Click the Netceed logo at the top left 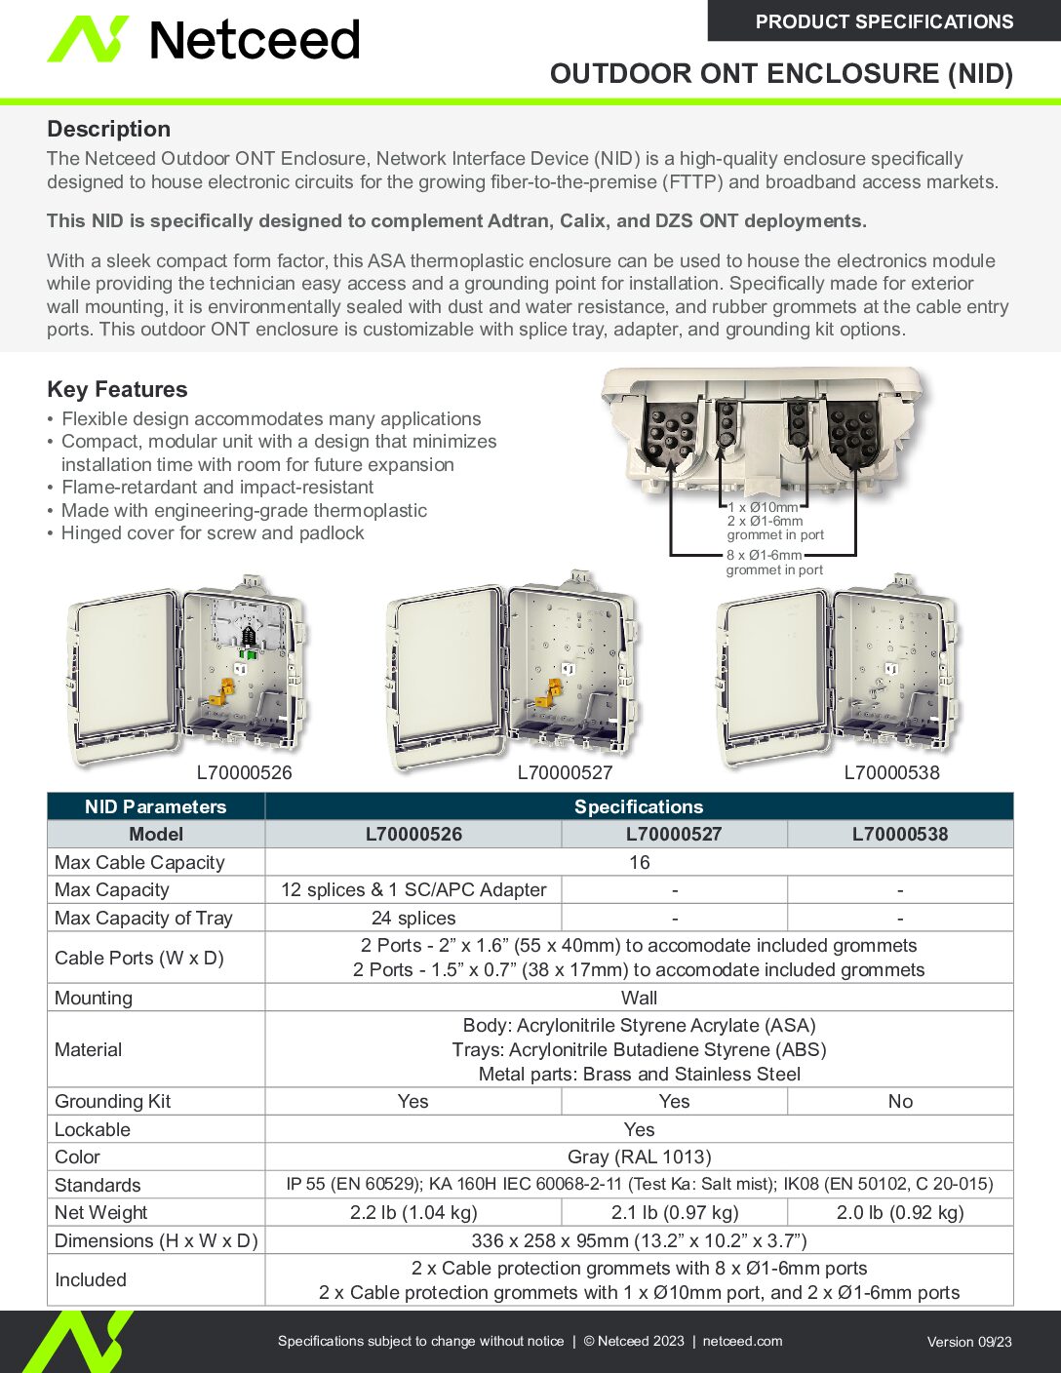tap(204, 40)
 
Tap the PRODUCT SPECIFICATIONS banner tap(884, 21)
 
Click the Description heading tap(108, 129)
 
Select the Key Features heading tap(117, 389)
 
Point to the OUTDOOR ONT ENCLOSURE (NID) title tap(781, 73)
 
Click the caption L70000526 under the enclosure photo tap(244, 773)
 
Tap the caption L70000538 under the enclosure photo tap(891, 773)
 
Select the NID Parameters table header tap(155, 806)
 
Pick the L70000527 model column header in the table tap(674, 834)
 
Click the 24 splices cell tap(413, 918)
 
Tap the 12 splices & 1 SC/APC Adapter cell tap(413, 889)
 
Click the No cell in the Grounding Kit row tap(900, 1101)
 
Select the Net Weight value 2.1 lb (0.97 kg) tap(674, 1212)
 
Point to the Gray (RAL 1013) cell tap(639, 1157)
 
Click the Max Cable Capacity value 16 tap(639, 862)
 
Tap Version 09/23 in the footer tap(968, 1342)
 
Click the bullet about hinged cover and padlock tap(213, 533)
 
